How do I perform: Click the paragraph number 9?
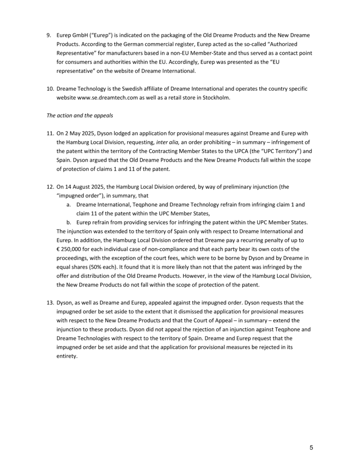(x=48, y=36)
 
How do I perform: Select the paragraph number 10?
(x=50, y=89)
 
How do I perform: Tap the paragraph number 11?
(x=50, y=133)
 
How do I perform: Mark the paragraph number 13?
(x=50, y=303)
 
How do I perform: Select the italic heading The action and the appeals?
(x=81, y=116)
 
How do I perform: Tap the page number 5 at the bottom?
(x=311, y=448)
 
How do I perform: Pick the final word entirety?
(x=67, y=356)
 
